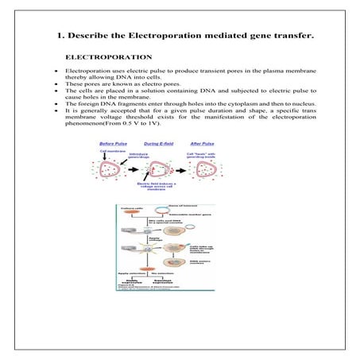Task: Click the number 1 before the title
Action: pos(61,36)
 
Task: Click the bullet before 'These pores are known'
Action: pos(54,83)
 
